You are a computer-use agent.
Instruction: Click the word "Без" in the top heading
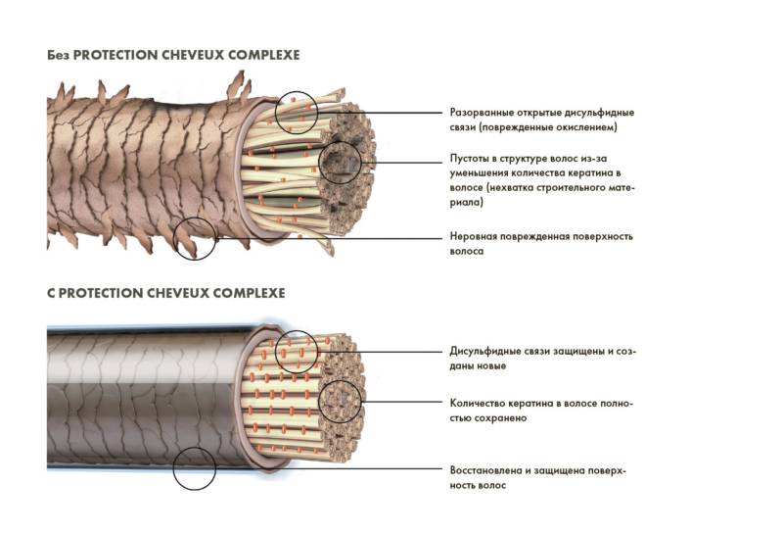[x=59, y=55]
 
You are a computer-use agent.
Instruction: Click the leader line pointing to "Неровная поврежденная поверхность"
[x=330, y=238]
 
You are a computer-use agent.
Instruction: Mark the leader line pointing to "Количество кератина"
[x=402, y=402]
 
